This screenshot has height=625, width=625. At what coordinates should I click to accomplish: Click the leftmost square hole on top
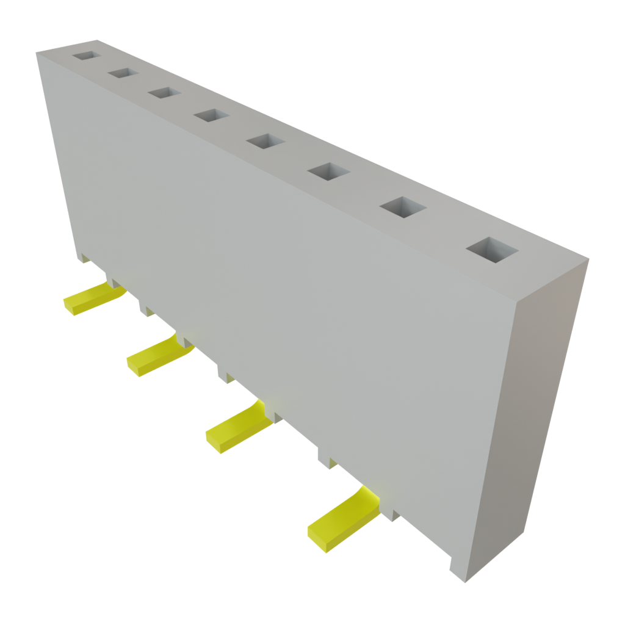86,56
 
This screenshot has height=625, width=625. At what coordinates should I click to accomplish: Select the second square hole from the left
123,73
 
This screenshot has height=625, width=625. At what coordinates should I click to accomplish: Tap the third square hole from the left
164,93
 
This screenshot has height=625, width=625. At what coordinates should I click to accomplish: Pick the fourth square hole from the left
211,115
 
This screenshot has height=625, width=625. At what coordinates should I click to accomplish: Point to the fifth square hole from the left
266,141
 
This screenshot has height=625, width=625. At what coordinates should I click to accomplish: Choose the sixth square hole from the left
328,171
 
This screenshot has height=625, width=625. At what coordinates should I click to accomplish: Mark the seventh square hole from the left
403,207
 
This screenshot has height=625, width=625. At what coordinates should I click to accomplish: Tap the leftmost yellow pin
92,299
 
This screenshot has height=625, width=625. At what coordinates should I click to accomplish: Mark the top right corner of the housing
588,260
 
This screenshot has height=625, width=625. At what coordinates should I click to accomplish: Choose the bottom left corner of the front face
81,259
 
